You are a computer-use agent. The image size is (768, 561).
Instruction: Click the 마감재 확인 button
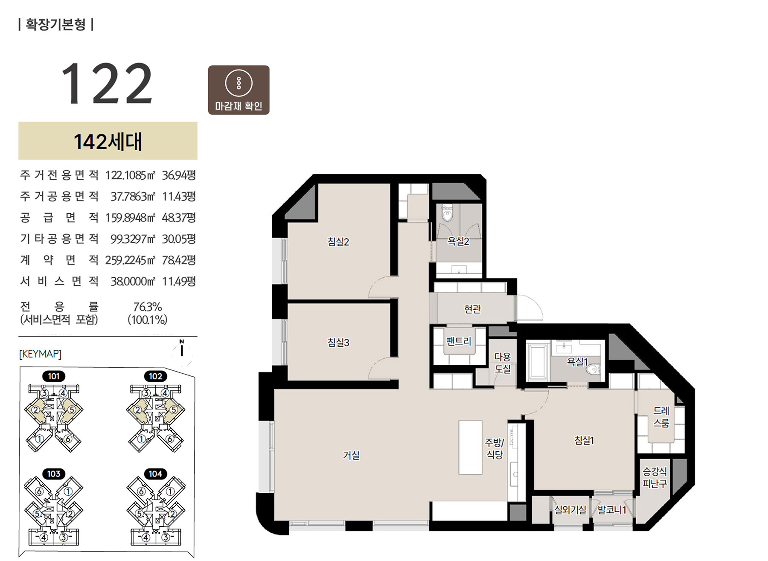pos(239,90)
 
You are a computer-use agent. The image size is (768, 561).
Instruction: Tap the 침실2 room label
pos(338,242)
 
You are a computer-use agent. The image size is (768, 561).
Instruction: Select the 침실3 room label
pos(338,342)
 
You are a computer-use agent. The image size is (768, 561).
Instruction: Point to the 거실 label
pos(351,455)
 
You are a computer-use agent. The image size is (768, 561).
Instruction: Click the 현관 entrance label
pos(472,308)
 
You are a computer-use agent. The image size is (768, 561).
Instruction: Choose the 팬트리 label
pos(459,341)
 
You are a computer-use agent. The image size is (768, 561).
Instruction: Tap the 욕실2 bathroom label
pos(458,241)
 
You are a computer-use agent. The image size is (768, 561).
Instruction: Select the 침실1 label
pos(584,440)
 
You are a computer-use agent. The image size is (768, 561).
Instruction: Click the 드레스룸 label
pos(661,417)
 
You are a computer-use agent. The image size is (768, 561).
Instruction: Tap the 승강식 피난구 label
pos(655,477)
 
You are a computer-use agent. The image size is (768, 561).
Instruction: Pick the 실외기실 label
pos(570,509)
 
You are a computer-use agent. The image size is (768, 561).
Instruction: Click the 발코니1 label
pos(612,509)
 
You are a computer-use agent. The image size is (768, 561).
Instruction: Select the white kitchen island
pos(470,447)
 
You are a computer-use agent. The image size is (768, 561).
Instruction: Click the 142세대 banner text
pos(108,141)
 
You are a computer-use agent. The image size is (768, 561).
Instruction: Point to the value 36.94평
pos(179,175)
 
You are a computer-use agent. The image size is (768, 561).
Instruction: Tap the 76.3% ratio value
pos(148,307)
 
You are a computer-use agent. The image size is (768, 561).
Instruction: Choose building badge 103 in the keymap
pos(54,474)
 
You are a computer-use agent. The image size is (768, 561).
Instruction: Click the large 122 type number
pos(107,84)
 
